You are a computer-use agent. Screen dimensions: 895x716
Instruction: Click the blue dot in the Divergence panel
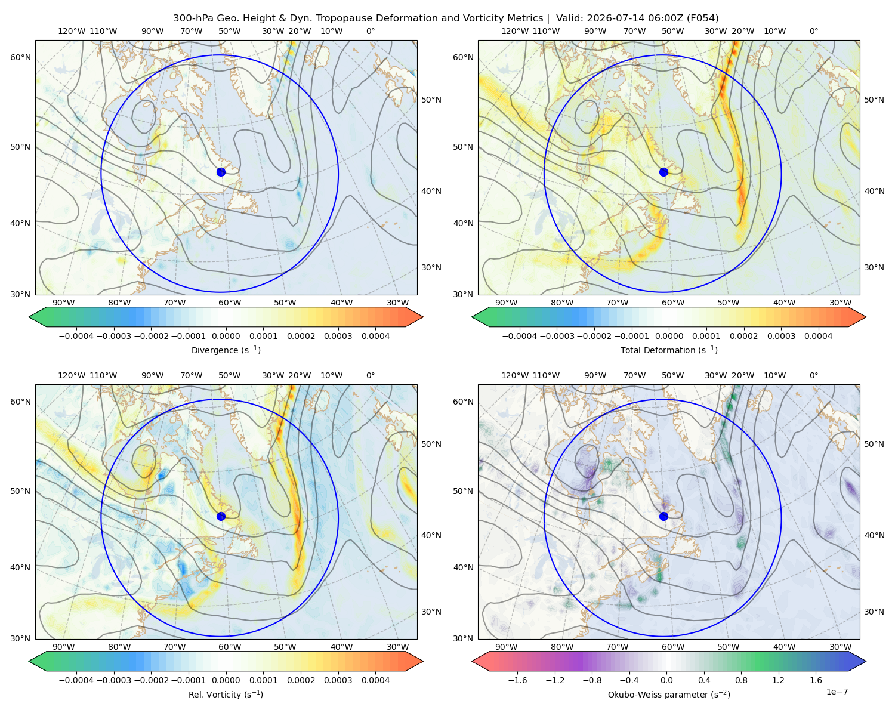coord(221,172)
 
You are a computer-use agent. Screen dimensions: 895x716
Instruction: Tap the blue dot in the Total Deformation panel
coord(663,172)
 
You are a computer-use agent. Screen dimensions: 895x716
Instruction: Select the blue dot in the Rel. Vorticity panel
coord(221,516)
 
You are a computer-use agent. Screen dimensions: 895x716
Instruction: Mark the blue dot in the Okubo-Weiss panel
coord(663,516)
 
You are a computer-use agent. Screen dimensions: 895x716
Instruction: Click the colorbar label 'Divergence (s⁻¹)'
coord(226,350)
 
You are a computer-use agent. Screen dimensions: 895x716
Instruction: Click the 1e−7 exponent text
coord(837,692)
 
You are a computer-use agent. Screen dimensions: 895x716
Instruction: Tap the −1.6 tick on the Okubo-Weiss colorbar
coord(517,680)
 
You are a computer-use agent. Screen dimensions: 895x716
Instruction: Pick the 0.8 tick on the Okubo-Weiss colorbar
coord(741,680)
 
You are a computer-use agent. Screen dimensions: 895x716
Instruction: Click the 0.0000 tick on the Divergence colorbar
coord(226,336)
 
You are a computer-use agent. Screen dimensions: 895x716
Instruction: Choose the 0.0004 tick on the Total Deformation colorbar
coord(819,336)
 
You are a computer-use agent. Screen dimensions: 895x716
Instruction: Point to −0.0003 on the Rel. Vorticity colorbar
coord(113,680)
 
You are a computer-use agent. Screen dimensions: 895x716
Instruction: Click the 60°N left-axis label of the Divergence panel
coord(20,57)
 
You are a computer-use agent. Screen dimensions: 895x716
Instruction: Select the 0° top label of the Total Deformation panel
coord(813,31)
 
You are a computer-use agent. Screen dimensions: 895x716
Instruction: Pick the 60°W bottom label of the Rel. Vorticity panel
coord(230,647)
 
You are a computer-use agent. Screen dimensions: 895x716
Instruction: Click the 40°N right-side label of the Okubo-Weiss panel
coord(874,535)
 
